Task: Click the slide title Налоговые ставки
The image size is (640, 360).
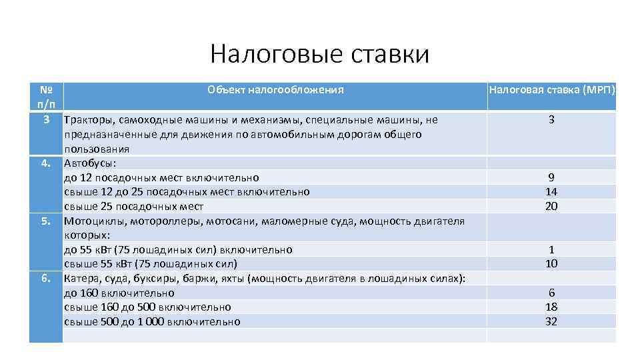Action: click(319, 54)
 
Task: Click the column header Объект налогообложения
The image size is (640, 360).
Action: click(275, 89)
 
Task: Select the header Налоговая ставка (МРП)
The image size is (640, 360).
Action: click(551, 89)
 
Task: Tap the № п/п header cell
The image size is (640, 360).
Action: click(46, 97)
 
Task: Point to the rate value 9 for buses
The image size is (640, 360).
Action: click(551, 177)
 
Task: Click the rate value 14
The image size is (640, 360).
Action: click(551, 192)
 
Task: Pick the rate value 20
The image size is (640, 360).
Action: click(551, 207)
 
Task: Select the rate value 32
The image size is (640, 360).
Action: click(551, 321)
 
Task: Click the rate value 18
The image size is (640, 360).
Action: click(551, 307)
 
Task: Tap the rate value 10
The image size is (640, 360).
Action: click(551, 264)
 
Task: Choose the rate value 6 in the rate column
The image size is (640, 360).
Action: click(551, 293)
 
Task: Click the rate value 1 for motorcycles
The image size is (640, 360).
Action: click(551, 249)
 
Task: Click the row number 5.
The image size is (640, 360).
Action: click(46, 221)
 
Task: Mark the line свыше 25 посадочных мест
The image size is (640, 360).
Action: click(133, 207)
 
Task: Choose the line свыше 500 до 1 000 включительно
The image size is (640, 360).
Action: click(152, 321)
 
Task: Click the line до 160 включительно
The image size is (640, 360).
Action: click(119, 293)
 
